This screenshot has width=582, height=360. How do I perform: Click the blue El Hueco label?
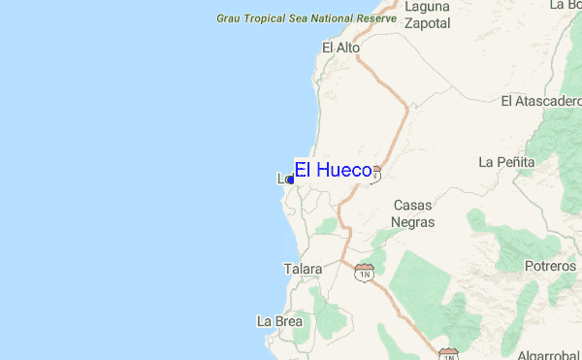pyautogui.click(x=334, y=170)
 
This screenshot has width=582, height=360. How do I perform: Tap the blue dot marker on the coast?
pyautogui.click(x=290, y=180)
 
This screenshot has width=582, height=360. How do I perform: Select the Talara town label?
pyautogui.click(x=303, y=269)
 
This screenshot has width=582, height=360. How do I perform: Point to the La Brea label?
pyautogui.click(x=279, y=321)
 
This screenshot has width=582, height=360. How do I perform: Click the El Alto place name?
pyautogui.click(x=340, y=48)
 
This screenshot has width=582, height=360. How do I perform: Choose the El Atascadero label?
pyautogui.click(x=540, y=101)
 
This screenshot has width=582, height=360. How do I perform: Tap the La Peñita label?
pyautogui.click(x=506, y=161)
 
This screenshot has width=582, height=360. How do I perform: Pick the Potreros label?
pyautogui.click(x=549, y=266)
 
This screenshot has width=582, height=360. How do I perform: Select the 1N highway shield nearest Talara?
pyautogui.click(x=365, y=273)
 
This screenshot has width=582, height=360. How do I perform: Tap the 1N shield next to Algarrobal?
pyautogui.click(x=447, y=354)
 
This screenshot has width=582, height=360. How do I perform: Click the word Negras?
pyautogui.click(x=412, y=222)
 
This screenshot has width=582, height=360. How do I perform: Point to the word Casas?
pyautogui.click(x=412, y=206)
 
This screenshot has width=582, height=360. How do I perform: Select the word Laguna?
pyautogui.click(x=428, y=6)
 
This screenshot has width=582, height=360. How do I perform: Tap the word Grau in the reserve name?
pyautogui.click(x=229, y=18)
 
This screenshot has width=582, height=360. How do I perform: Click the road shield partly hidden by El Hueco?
pyautogui.click(x=376, y=173)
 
